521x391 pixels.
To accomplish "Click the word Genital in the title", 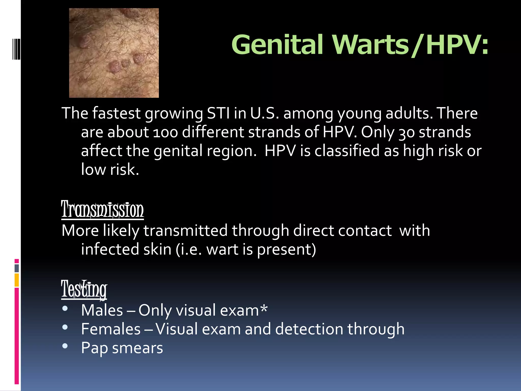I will tap(277, 45).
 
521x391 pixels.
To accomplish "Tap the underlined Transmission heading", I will tap(103, 210).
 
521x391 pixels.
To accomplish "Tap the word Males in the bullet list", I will tap(102, 310).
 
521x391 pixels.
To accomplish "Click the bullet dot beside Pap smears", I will tap(65, 346).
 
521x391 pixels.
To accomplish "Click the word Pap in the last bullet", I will tap(94, 348).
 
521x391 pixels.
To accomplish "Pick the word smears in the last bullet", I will tap(137, 348).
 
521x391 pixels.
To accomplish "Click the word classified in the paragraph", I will tap(347, 151).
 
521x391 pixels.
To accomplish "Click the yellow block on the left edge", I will tap(17, 280).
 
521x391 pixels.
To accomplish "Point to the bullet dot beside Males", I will tap(65, 308).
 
